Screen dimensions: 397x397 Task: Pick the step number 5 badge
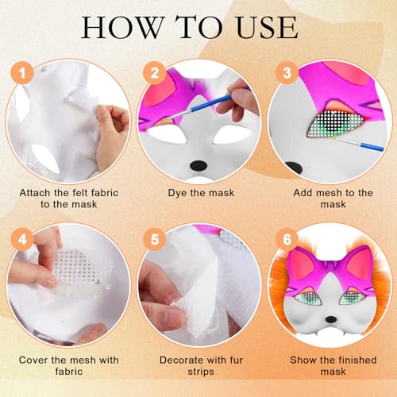point(152,238)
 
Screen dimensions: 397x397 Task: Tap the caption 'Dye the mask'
point(198,191)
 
